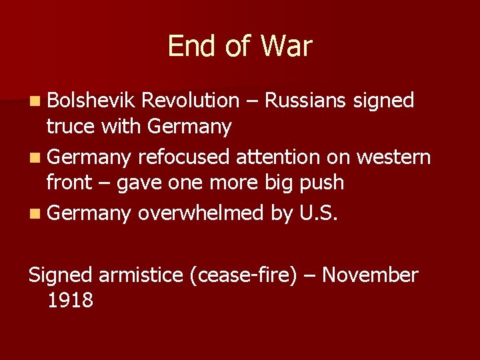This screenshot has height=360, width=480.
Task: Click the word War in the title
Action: coord(286,46)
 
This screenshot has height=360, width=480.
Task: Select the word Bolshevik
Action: coord(91,101)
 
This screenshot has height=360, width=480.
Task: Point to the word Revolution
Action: coord(191,101)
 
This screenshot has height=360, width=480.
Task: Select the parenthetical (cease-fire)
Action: coord(243,275)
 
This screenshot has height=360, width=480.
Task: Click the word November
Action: coord(370,275)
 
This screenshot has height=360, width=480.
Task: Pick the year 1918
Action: coord(70,300)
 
